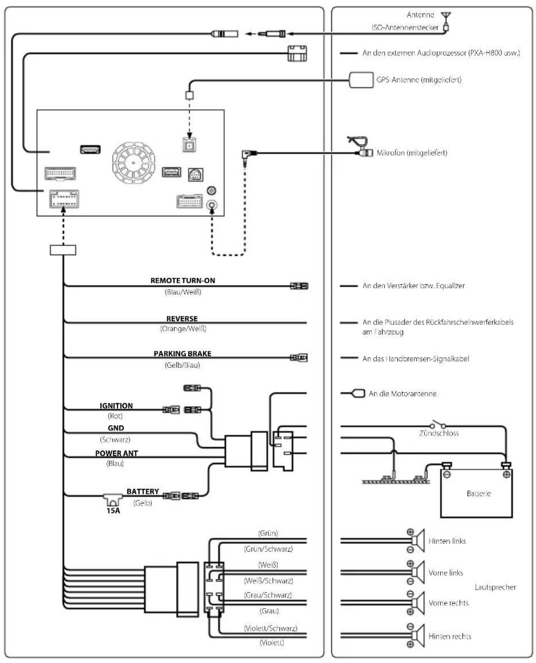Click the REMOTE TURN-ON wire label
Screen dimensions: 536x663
(x=183, y=280)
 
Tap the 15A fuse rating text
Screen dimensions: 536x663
(x=113, y=511)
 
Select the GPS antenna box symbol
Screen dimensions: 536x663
(x=361, y=80)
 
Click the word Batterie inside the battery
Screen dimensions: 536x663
(x=479, y=494)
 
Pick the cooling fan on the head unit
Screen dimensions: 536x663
(x=133, y=163)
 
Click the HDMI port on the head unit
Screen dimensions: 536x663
(x=91, y=149)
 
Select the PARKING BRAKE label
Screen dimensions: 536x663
(x=183, y=354)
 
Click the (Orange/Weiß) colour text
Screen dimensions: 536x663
(x=183, y=329)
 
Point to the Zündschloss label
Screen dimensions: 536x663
(x=439, y=433)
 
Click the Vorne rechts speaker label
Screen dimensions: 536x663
(x=448, y=603)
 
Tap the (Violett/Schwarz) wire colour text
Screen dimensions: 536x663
(x=271, y=628)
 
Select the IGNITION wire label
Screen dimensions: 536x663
(x=116, y=406)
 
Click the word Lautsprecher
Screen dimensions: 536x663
(x=495, y=587)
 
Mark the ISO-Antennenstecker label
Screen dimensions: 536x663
(x=405, y=27)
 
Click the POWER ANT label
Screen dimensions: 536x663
(x=117, y=454)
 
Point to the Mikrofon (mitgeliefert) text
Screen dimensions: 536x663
(x=412, y=153)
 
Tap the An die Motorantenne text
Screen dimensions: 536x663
(x=402, y=394)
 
